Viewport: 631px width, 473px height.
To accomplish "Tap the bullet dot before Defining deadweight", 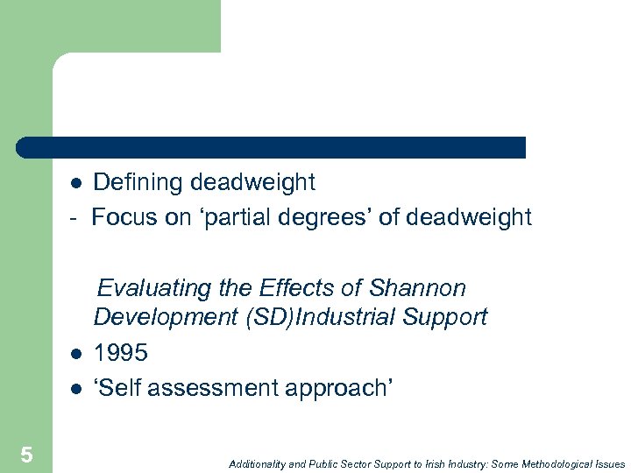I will [x=76, y=184].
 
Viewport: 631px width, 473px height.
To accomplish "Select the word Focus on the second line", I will [x=124, y=217].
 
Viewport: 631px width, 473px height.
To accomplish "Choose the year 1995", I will [x=121, y=353].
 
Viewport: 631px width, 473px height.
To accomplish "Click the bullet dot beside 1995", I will [x=76, y=355].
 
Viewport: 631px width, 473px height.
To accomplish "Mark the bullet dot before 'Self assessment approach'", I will [x=76, y=389].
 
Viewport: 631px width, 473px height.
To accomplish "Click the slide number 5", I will [x=26, y=455].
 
